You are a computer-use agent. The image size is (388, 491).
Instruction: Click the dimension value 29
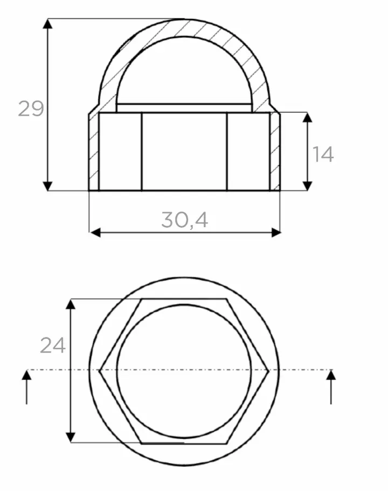point(31,108)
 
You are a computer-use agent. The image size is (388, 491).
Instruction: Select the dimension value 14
point(323,154)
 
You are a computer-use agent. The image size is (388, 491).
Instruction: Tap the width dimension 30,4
point(185,220)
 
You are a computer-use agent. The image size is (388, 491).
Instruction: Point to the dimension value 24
point(53,345)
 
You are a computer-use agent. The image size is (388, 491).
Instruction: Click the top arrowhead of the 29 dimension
point(47,24)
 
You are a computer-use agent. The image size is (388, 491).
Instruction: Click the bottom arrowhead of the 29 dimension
point(47,186)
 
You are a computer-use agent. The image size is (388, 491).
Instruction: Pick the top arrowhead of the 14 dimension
point(308,117)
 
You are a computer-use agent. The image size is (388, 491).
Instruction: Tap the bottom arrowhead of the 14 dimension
point(308,186)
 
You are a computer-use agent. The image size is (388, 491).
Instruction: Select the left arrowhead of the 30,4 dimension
point(95,233)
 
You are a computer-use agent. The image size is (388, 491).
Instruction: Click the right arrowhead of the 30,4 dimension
point(276,233)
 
